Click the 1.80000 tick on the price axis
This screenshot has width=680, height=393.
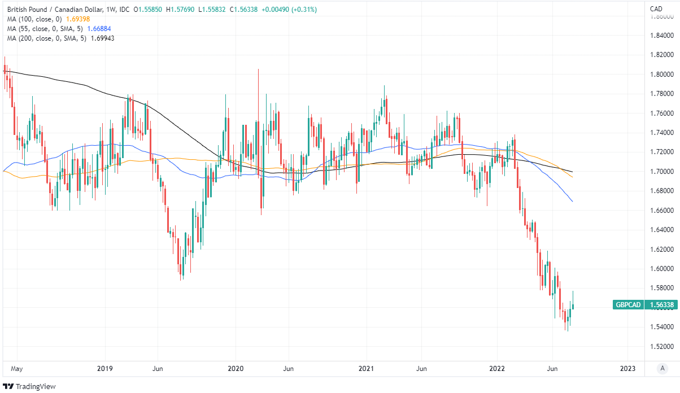tap(662, 74)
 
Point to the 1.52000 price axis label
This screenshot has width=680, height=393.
tap(662, 346)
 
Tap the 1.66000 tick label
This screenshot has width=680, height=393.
tap(662, 210)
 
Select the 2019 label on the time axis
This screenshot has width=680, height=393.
tap(104, 369)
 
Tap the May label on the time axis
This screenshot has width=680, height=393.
tap(17, 369)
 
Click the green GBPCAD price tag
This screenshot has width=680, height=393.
tap(628, 305)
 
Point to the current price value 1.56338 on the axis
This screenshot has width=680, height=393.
tap(662, 305)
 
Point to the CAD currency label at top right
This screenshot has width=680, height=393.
tap(656, 8)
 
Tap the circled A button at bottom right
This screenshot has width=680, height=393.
tap(662, 369)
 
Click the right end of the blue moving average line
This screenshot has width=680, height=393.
tap(573, 202)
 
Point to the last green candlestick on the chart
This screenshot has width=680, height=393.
tap(573, 305)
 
